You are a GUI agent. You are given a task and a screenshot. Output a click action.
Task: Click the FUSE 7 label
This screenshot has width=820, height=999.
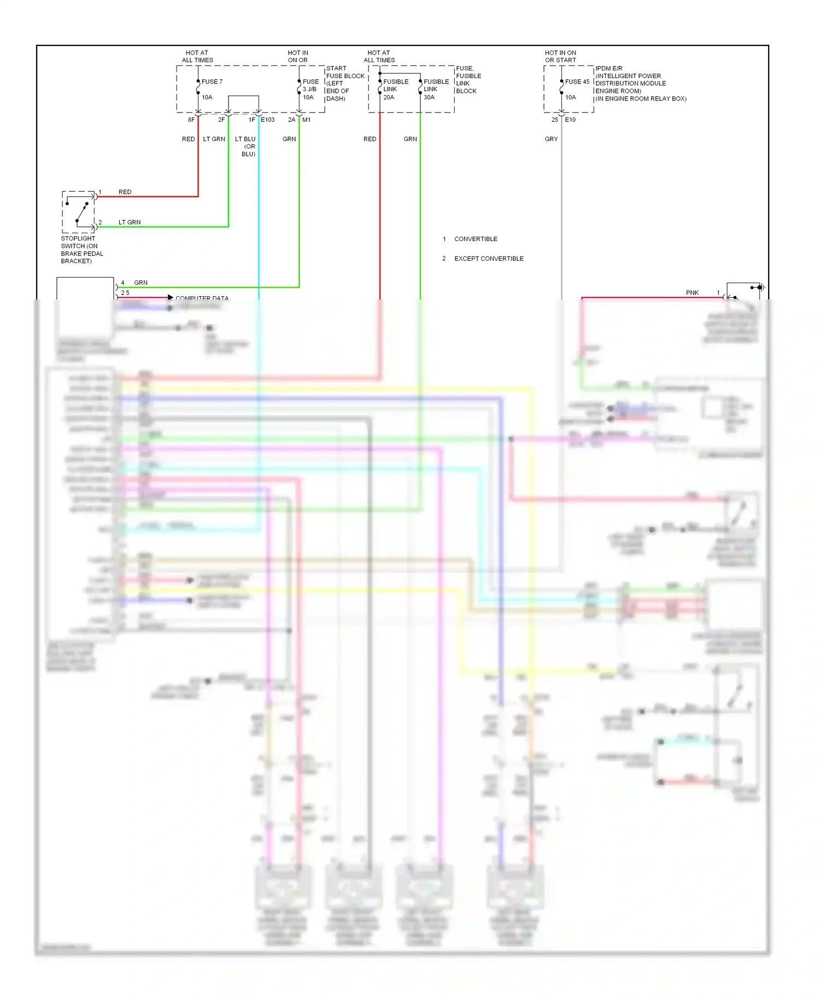[212, 81]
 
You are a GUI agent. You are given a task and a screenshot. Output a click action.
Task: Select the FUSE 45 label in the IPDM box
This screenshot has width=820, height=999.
[577, 81]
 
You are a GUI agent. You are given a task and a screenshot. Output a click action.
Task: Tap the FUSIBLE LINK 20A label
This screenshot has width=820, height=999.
[395, 89]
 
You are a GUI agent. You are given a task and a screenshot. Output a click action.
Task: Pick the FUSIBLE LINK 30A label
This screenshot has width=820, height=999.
[436, 89]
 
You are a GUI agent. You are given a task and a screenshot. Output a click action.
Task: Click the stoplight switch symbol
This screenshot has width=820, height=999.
[79, 212]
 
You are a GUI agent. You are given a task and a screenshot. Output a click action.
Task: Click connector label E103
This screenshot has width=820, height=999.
[267, 120]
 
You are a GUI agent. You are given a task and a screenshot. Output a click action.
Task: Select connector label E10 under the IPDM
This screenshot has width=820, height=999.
[570, 120]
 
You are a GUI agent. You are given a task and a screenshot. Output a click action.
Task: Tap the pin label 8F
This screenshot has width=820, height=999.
[191, 120]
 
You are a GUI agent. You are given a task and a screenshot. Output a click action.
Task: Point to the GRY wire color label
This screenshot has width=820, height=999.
[551, 139]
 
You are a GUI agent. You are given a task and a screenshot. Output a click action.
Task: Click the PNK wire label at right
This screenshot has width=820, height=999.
[692, 293]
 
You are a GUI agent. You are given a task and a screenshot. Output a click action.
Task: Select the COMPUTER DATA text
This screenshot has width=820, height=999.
[202, 298]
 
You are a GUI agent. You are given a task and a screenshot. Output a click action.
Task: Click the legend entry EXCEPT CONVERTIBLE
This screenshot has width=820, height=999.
[489, 258]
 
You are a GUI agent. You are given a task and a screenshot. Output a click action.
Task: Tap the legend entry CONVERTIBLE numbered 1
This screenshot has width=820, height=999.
[475, 239]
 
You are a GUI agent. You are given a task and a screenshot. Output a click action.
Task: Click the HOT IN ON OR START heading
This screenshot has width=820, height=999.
[560, 56]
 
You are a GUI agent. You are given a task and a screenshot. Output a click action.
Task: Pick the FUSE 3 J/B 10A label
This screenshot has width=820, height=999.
[310, 89]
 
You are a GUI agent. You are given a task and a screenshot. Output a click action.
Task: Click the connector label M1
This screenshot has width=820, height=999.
[306, 120]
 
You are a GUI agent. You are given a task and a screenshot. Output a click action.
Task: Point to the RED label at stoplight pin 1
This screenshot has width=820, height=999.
[125, 192]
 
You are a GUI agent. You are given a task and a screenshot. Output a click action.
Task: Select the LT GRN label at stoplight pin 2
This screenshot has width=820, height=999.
[130, 222]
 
